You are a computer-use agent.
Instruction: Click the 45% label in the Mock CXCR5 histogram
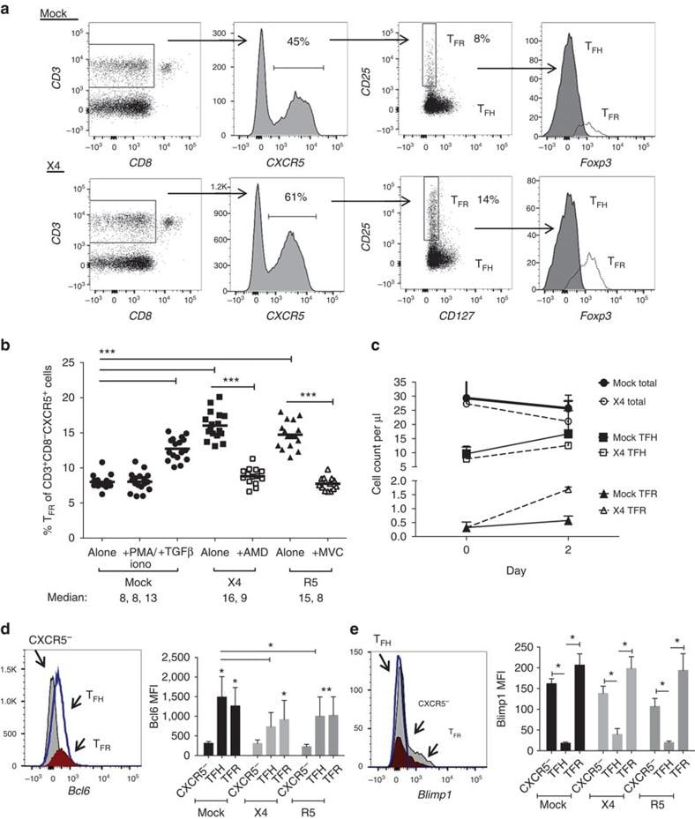pyautogui.click(x=296, y=40)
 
